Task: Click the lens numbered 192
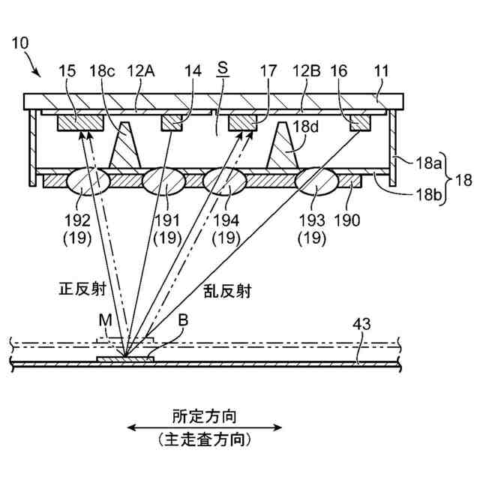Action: pyautogui.click(x=88, y=182)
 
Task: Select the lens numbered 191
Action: pyautogui.click(x=164, y=182)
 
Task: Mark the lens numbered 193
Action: pyautogui.click(x=316, y=182)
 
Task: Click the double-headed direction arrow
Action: pyautogui.click(x=204, y=428)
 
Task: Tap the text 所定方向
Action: pyautogui.click(x=205, y=414)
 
